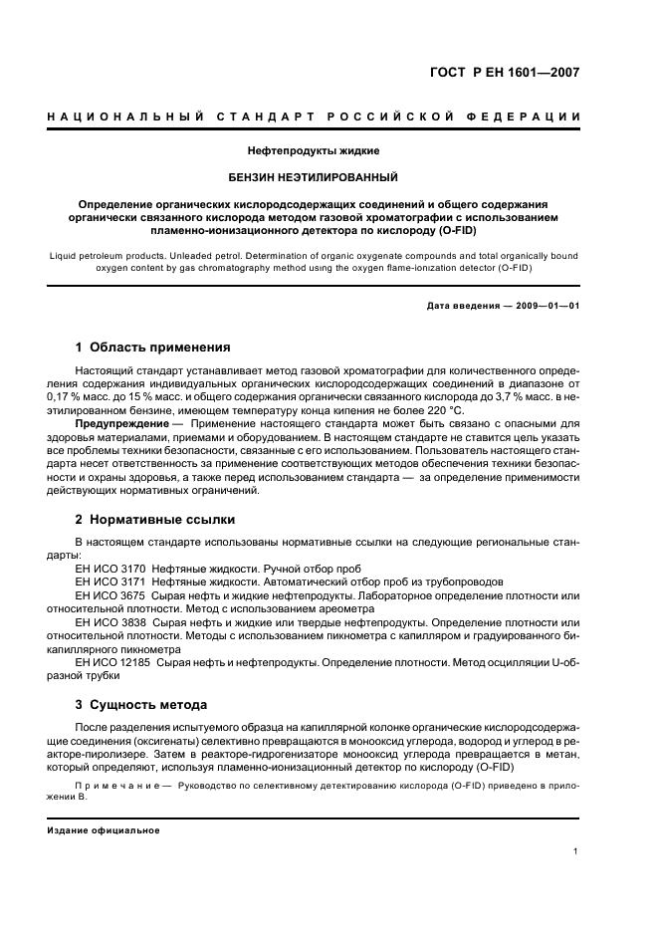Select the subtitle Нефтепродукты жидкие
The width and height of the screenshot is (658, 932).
point(314,151)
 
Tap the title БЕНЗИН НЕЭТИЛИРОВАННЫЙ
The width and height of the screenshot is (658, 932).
point(314,178)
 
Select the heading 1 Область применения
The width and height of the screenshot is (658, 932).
point(153,348)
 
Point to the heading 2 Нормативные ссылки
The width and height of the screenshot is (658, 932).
point(155,519)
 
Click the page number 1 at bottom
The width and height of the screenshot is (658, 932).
point(576,851)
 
